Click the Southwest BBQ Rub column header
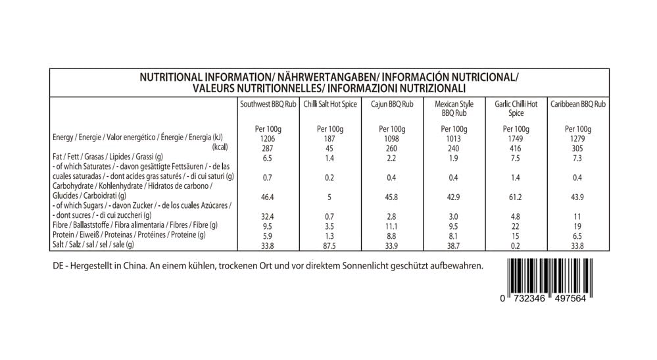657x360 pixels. pos(268,104)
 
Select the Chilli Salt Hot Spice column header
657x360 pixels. pos(329,104)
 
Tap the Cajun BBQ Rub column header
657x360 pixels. pos(392,104)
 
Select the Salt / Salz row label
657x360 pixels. pos(93,244)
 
